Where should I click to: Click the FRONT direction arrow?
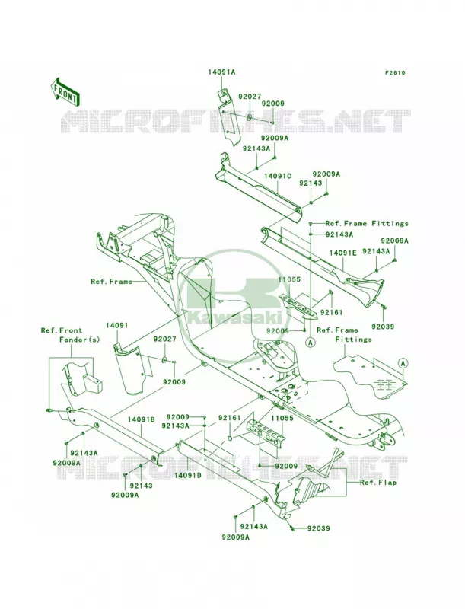(x=65, y=92)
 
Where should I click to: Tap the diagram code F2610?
(x=395, y=72)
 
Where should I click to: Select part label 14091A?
(x=221, y=72)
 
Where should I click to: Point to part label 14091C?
(x=277, y=176)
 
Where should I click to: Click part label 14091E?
(x=342, y=253)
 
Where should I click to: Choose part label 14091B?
(x=142, y=420)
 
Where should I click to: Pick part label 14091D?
(x=187, y=475)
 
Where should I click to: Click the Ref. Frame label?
(x=111, y=282)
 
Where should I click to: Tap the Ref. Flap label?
(x=378, y=483)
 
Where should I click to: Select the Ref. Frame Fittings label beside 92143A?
(x=367, y=223)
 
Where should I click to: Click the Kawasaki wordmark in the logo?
(x=235, y=317)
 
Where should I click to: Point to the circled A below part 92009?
(x=309, y=342)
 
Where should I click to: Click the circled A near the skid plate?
(x=403, y=364)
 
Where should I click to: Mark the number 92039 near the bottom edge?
(x=318, y=528)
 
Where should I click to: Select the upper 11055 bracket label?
(x=288, y=279)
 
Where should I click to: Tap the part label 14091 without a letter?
(x=117, y=325)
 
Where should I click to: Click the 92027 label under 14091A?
(x=250, y=97)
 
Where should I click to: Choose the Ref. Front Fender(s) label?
(x=71, y=335)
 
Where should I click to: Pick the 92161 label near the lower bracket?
(x=229, y=418)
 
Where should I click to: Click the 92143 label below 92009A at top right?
(x=311, y=183)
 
